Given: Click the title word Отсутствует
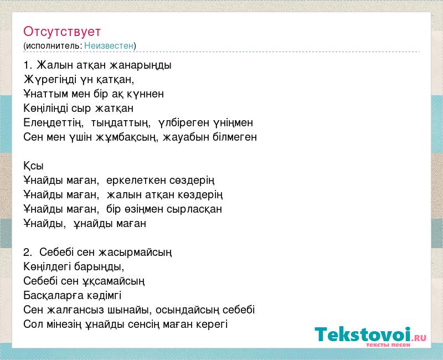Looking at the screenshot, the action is (62, 32).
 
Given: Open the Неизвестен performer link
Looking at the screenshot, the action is (109, 45).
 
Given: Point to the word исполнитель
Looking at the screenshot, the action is (54, 46).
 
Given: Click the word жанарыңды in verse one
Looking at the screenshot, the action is (141, 65).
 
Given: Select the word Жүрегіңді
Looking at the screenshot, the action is (50, 80).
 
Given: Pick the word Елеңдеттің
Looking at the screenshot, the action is (53, 122).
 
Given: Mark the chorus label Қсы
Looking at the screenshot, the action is (33, 166).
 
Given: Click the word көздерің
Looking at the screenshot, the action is (200, 195).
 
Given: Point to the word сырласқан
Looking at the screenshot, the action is (194, 209).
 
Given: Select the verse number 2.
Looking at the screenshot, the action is (27, 252).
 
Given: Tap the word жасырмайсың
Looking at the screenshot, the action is (135, 253).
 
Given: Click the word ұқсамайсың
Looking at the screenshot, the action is (114, 281).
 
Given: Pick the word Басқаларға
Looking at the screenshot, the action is (54, 296).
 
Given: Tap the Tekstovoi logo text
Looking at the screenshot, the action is (363, 335).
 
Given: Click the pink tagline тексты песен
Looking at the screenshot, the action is (388, 344).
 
